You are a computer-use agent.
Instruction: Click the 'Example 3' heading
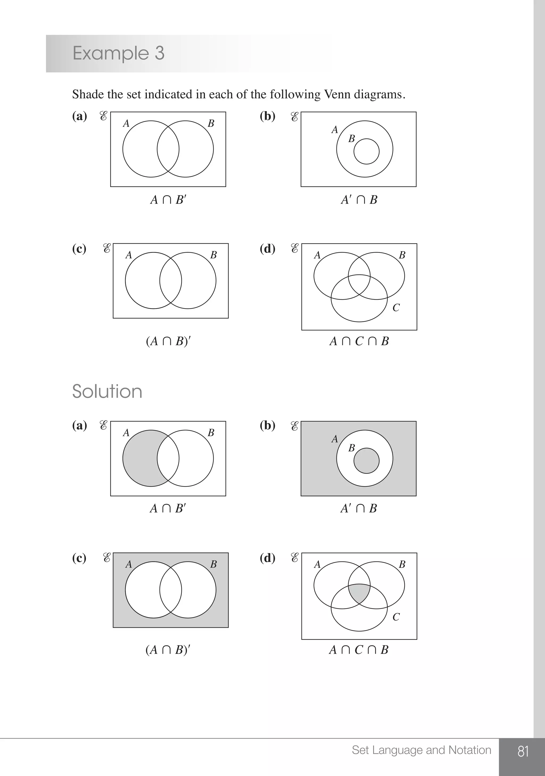pos(118,53)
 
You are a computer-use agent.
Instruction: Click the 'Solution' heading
pos(107,391)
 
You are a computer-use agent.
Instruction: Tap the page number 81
pos(523,751)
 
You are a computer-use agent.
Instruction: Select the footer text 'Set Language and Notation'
pos(422,750)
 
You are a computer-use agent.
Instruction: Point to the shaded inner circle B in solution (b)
pos(366,461)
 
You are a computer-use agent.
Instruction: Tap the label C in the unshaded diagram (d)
pos(396,308)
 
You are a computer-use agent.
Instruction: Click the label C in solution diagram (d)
pos(396,617)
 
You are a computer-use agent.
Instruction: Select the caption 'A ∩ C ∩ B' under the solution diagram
pos(359,649)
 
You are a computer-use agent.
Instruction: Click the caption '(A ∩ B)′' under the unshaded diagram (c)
pos(168,341)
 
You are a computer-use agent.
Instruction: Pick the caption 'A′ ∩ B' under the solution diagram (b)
pos(359,508)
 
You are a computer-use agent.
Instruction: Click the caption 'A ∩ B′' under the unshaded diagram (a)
pos(168,200)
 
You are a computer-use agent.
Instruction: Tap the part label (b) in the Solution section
pos(267,425)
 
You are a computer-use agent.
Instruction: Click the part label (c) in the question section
pos(79,249)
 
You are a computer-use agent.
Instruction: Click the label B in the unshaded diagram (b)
pos(352,139)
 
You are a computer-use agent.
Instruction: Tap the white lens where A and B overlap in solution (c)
pos(171,590)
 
